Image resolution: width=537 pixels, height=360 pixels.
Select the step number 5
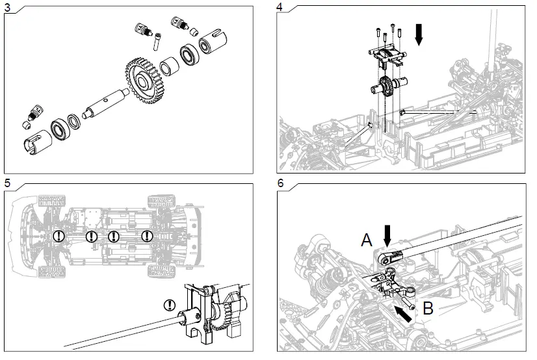click(x=7, y=183)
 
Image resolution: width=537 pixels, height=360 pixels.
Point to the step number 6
click(x=280, y=183)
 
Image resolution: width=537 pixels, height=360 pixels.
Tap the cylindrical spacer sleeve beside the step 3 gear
click(x=170, y=67)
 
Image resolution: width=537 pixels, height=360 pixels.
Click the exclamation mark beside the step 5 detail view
click(x=170, y=303)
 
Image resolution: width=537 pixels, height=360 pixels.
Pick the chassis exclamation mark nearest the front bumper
click(x=59, y=236)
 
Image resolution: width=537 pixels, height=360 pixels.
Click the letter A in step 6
click(x=367, y=240)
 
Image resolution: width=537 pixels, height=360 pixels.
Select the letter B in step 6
click(x=428, y=309)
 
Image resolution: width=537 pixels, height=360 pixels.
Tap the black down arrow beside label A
click(x=387, y=233)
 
